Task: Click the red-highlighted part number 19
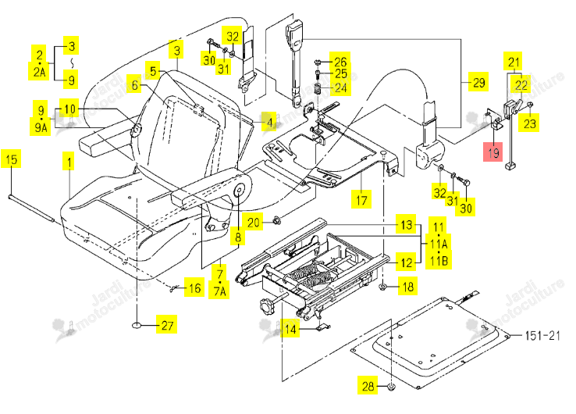[x=492, y=152]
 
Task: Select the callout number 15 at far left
[x=11, y=159]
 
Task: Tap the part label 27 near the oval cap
[x=167, y=325]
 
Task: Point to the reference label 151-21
[x=542, y=335]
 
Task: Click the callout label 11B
[x=439, y=261]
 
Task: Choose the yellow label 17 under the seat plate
[x=361, y=200]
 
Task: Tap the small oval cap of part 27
[x=137, y=326]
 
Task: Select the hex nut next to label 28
[x=392, y=387]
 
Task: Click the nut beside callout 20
[x=276, y=220]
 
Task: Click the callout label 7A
[x=219, y=291]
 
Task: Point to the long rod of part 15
[x=32, y=209]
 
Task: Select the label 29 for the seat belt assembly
[x=479, y=82]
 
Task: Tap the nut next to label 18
[x=382, y=287]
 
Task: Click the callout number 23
[x=529, y=123]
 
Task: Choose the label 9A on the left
[x=41, y=127]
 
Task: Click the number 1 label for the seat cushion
[x=69, y=162]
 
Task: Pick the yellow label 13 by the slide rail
[x=407, y=224]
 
